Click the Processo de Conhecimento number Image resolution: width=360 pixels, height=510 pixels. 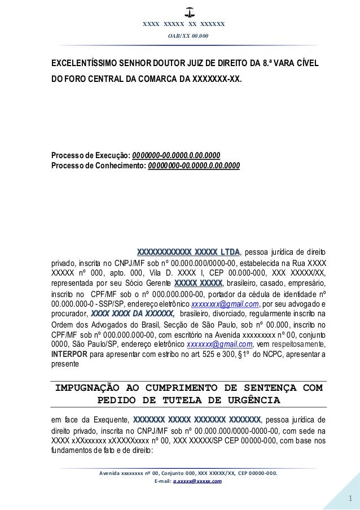pyautogui.click(x=194, y=166)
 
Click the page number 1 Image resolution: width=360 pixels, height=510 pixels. pyautogui.click(x=350, y=499)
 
